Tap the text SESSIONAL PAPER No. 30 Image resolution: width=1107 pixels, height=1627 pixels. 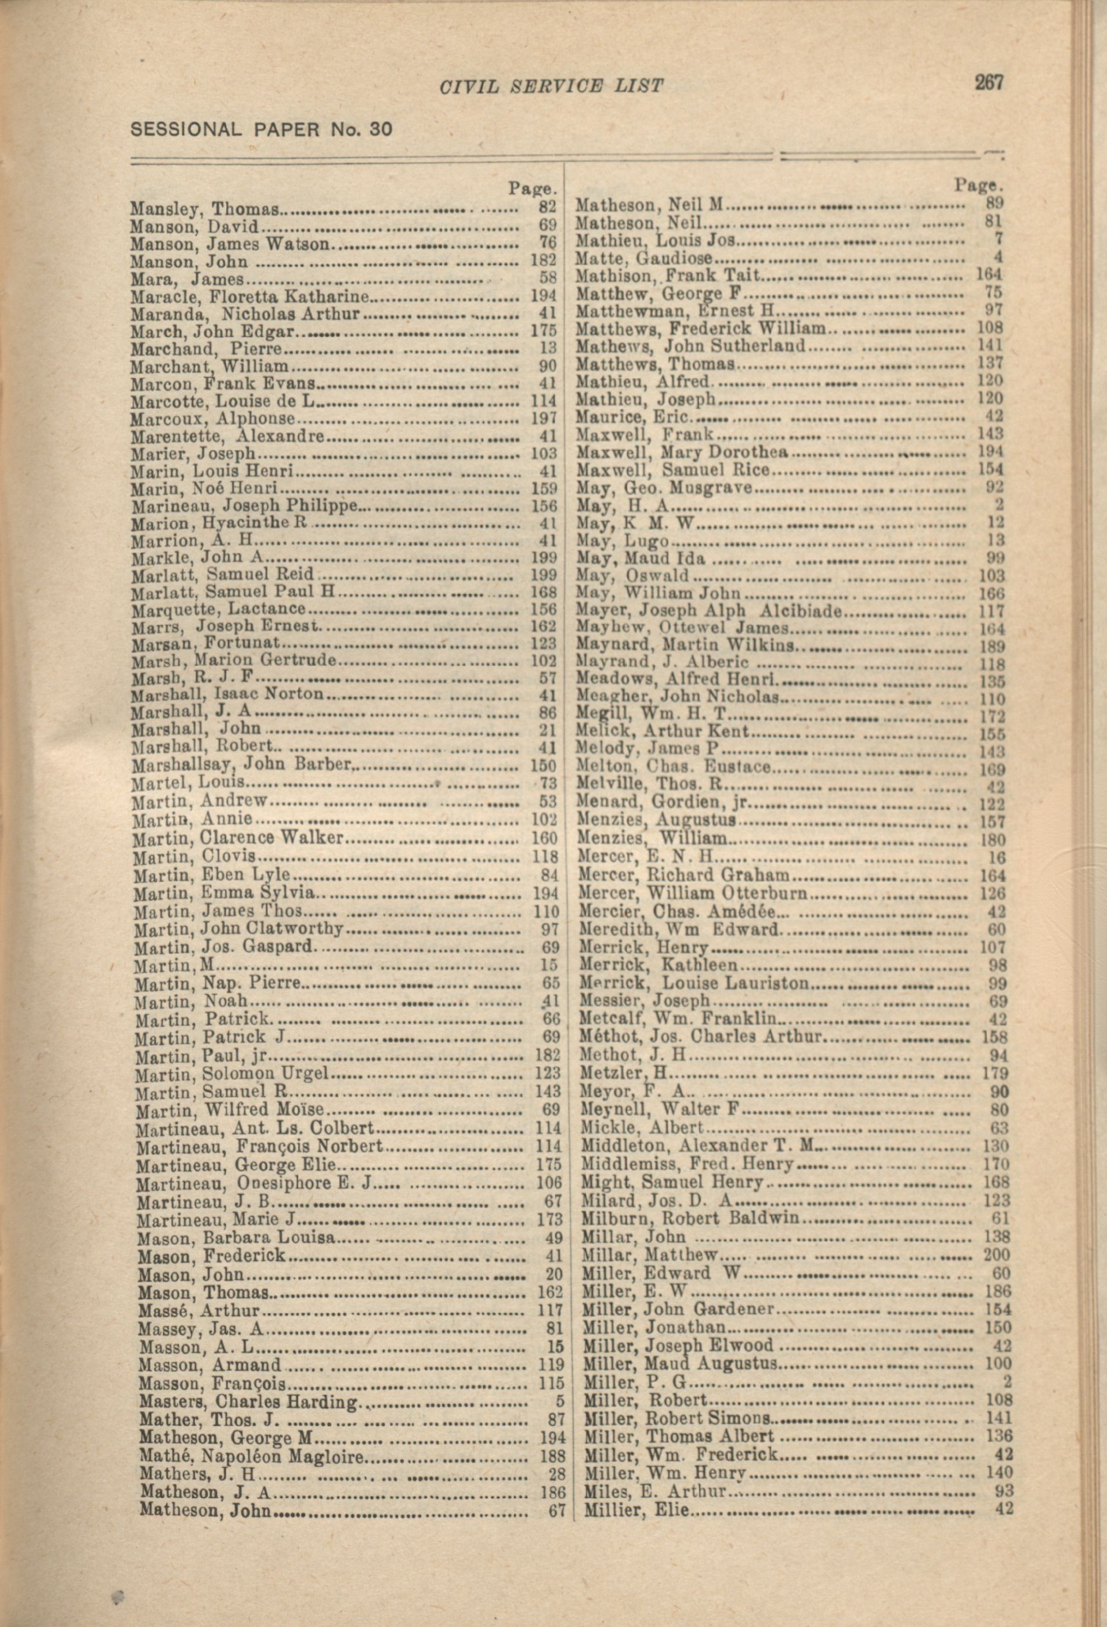[x=261, y=129]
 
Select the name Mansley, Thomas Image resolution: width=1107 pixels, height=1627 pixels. [x=204, y=209]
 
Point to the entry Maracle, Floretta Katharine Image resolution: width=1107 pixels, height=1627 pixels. [x=249, y=296]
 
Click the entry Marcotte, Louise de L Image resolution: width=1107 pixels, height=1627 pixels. [x=223, y=401]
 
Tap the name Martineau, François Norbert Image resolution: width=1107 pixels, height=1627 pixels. [x=259, y=1146]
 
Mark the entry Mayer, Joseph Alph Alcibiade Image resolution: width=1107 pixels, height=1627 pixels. [x=708, y=610]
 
